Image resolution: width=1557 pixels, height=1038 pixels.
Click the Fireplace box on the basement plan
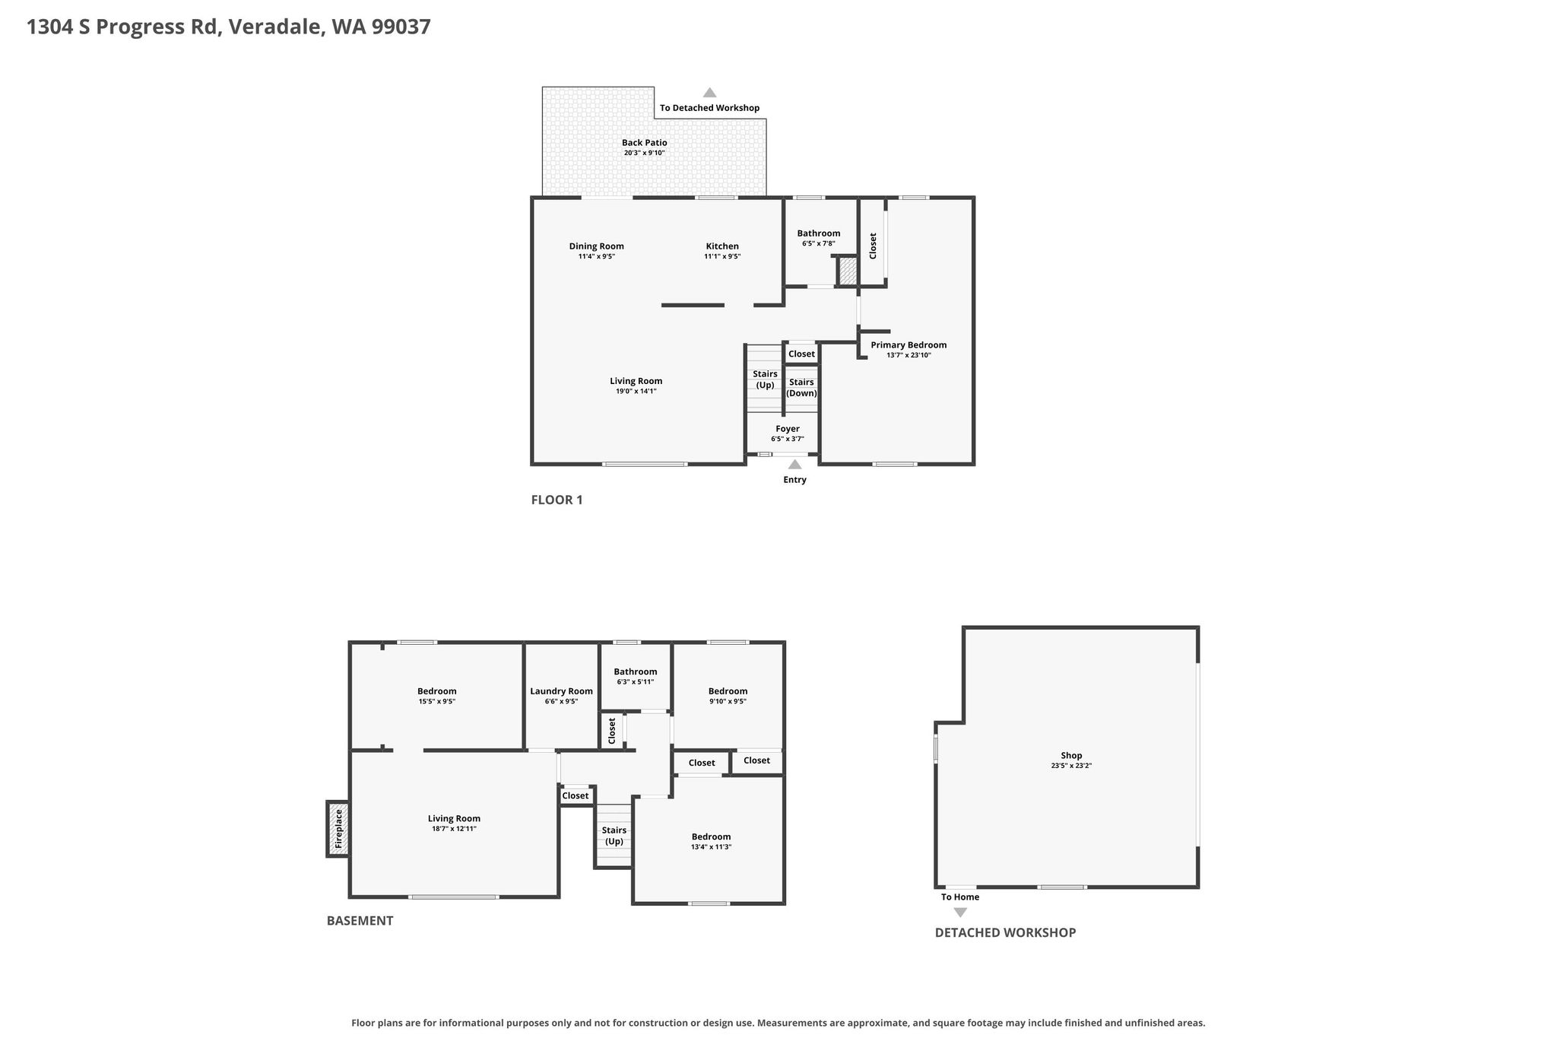coord(338,829)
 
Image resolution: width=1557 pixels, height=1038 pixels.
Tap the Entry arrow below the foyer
coord(794,465)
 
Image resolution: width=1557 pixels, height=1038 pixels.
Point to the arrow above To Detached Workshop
coord(709,93)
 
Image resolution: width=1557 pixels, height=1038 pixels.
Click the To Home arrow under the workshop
coord(960,913)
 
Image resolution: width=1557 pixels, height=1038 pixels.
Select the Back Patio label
coord(645,143)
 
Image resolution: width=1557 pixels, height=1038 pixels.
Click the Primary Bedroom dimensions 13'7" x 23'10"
coord(909,355)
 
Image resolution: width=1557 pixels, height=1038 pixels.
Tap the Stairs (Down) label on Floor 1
coord(801,388)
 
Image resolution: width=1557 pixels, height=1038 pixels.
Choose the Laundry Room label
coord(561,691)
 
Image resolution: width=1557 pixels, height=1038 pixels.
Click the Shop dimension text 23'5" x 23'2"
coord(1071,766)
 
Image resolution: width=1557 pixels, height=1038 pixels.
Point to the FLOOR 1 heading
coord(557,500)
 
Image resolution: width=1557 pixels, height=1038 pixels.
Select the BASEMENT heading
coord(360,921)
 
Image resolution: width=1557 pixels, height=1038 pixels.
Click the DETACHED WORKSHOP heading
coord(1005,932)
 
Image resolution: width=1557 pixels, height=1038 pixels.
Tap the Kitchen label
coord(722,246)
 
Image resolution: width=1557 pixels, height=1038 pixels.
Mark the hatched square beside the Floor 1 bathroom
coord(848,271)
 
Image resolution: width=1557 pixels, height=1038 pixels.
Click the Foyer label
coord(788,429)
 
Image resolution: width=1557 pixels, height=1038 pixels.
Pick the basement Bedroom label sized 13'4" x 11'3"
coord(711,836)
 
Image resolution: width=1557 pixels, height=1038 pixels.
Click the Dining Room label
coord(597,246)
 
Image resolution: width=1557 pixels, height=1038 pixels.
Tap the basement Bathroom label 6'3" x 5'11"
coord(636,671)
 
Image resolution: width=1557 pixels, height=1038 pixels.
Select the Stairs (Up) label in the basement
coord(614,836)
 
